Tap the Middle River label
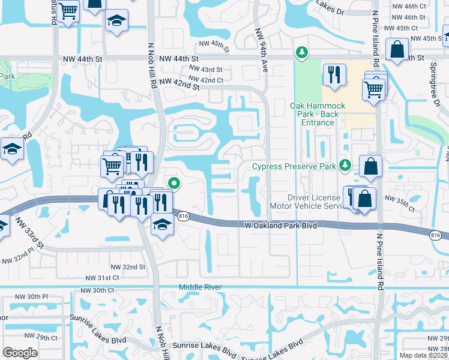pyautogui.click(x=200, y=287)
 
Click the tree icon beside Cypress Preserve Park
pyautogui.click(x=345, y=165)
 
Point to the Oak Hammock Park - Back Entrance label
pyautogui.click(x=318, y=114)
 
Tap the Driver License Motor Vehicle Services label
pyautogui.click(x=315, y=200)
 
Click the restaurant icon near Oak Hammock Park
pyautogui.click(x=331, y=75)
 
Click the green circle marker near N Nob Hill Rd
pyautogui.click(x=174, y=184)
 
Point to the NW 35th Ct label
pyautogui.click(x=399, y=203)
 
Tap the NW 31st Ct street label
pyautogui.click(x=103, y=278)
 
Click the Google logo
pyautogui.click(x=20, y=353)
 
